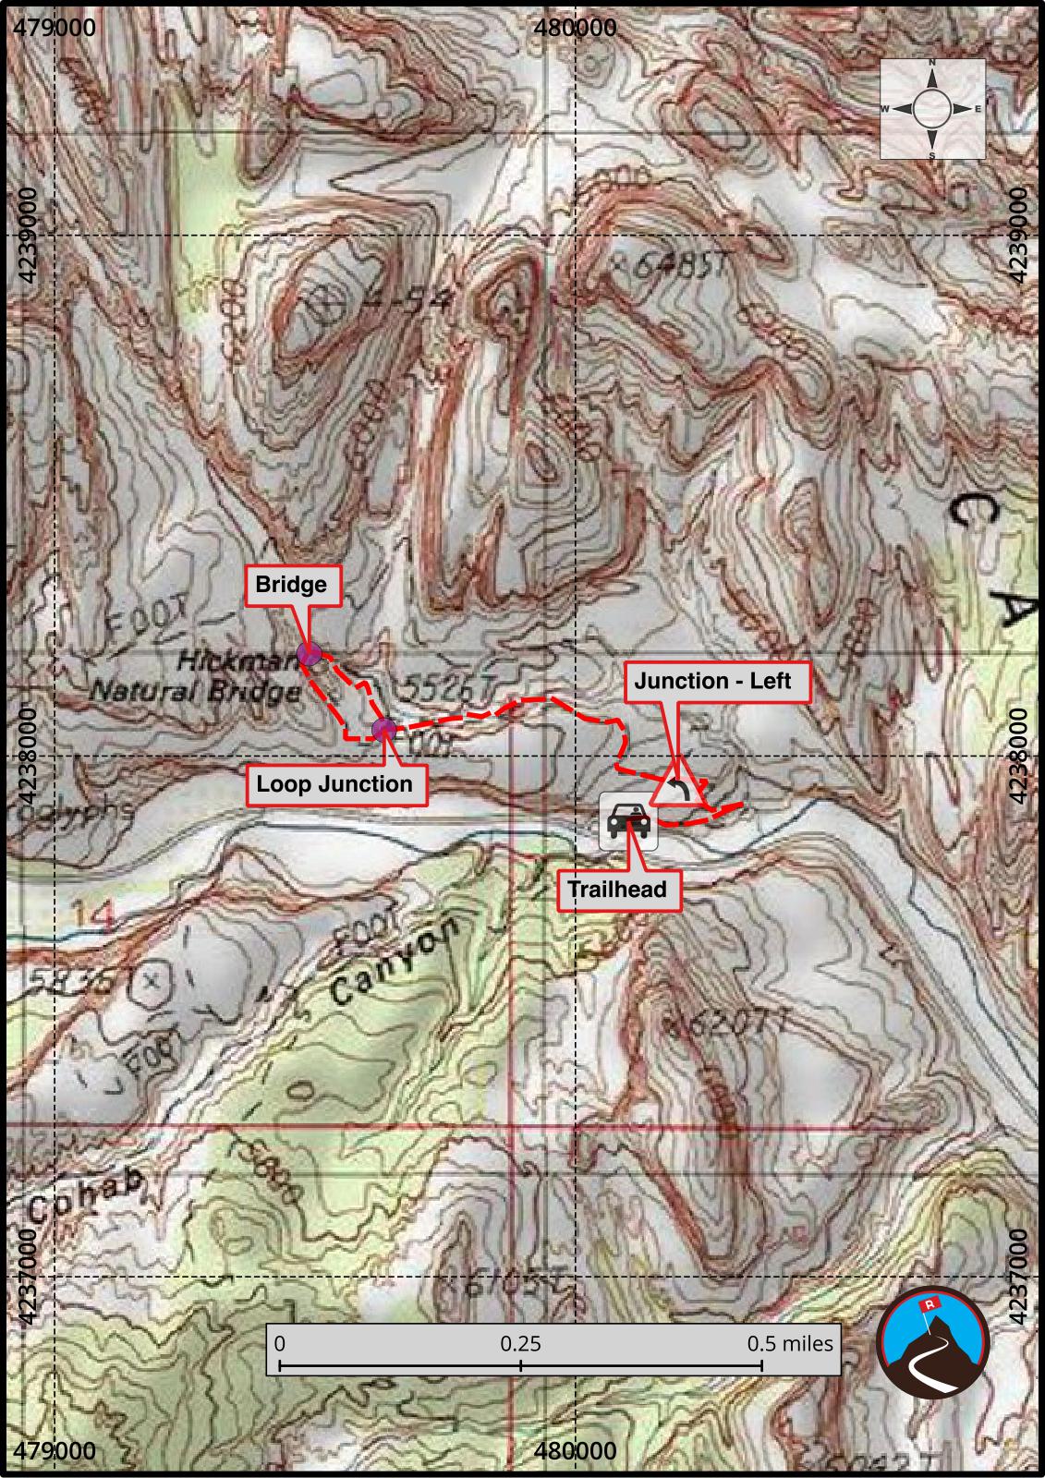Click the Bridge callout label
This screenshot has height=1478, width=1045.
(x=290, y=585)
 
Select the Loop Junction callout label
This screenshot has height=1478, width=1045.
(x=334, y=784)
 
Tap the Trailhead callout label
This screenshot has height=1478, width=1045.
(x=616, y=890)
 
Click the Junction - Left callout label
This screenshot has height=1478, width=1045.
(x=712, y=682)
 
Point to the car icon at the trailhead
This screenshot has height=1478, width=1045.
(x=628, y=820)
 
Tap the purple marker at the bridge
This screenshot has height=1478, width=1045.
(x=310, y=655)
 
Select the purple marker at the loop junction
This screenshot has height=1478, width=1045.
(x=383, y=730)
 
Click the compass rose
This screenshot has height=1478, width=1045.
(x=931, y=109)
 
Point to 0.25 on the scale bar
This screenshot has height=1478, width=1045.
(x=520, y=1343)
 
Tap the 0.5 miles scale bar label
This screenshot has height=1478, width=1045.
(x=789, y=1343)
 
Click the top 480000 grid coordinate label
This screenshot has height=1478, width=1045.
(x=576, y=27)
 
